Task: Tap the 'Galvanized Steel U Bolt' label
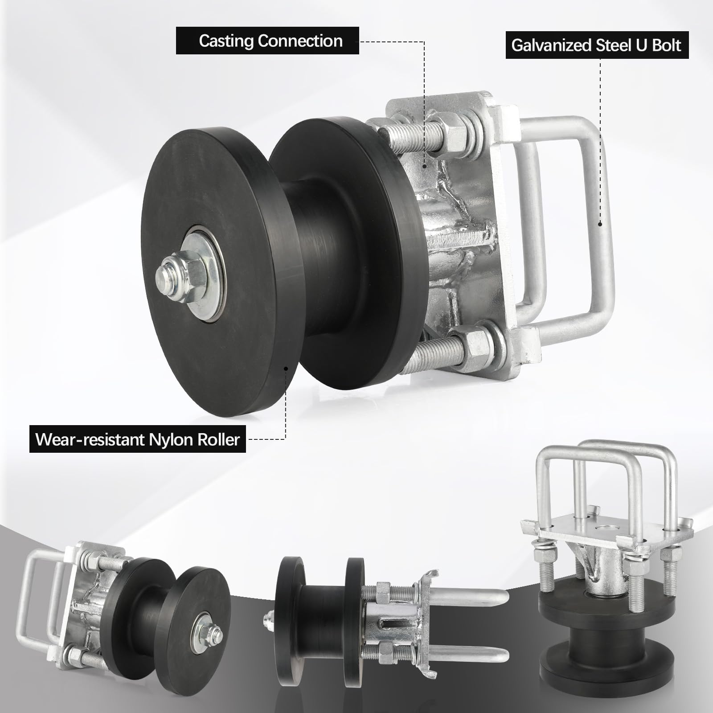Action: point(597,45)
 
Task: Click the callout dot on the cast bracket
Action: point(424,166)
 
